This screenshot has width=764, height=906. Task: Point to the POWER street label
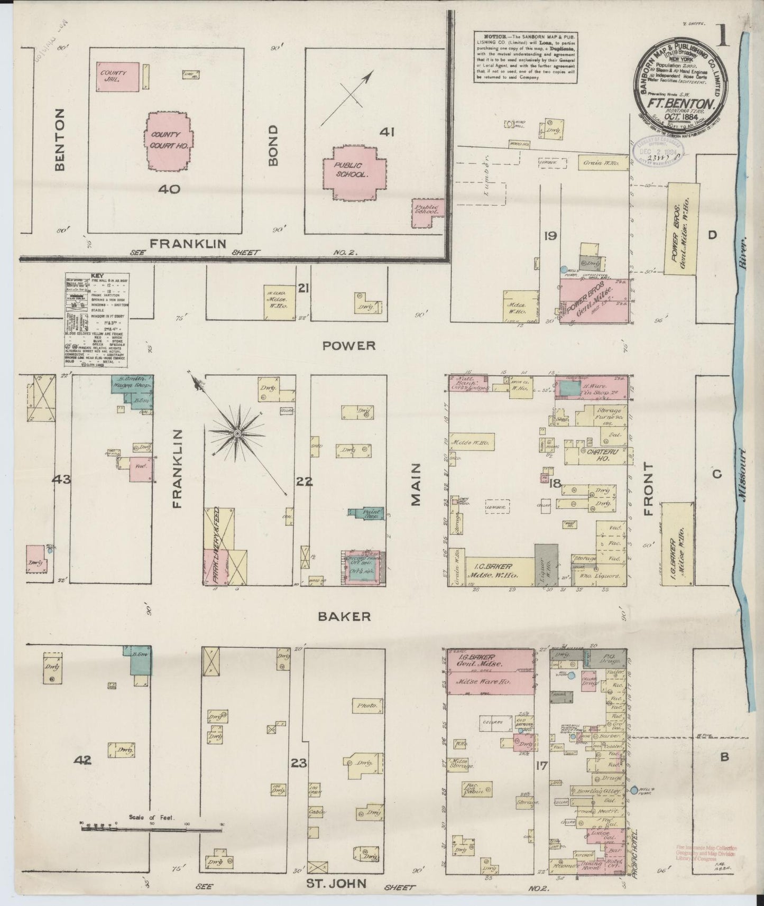(x=349, y=346)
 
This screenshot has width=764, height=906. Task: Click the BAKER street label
(x=344, y=616)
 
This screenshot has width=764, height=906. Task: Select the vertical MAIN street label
(x=416, y=484)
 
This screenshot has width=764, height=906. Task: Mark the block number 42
(x=83, y=760)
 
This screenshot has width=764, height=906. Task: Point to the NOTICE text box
(x=524, y=57)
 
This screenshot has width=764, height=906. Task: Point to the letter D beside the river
(x=712, y=235)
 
